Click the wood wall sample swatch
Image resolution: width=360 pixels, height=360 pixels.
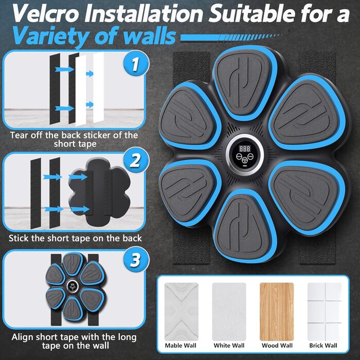click(x=277, y=312)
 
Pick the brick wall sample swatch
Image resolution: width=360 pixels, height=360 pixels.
click(x=325, y=312)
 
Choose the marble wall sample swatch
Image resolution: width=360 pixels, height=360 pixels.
click(x=182, y=312)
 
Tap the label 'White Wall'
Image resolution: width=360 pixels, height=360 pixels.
click(x=229, y=346)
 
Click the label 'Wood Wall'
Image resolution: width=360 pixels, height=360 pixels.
click(x=277, y=346)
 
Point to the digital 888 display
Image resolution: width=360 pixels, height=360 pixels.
click(x=245, y=149)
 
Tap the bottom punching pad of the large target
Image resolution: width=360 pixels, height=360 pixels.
click(x=244, y=226)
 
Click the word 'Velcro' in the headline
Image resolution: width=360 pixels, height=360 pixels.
click(x=45, y=13)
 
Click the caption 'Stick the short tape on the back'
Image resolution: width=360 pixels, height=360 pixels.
click(x=75, y=238)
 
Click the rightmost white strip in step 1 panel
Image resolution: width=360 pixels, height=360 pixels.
click(x=99, y=87)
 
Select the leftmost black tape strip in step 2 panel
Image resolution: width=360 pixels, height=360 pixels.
click(x=36, y=193)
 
